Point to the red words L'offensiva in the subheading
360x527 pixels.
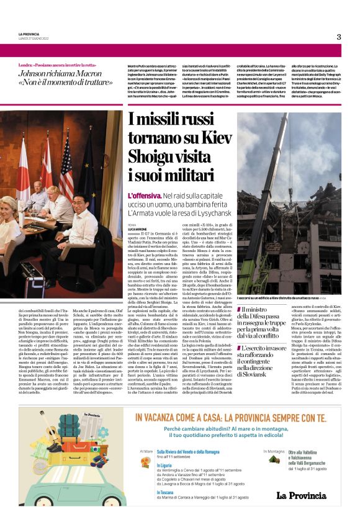[x=145, y=196]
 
